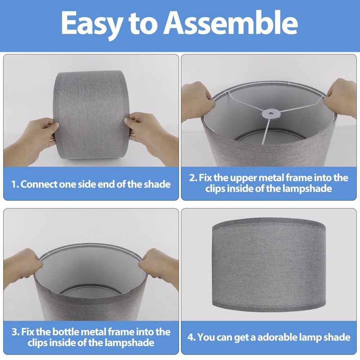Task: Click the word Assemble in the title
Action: [x=230, y=23]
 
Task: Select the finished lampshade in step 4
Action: [x=269, y=265]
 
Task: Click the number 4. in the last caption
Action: [x=191, y=337]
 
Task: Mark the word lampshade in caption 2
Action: [x=307, y=189]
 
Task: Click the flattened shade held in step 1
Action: [x=91, y=115]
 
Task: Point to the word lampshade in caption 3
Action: [x=129, y=343]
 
